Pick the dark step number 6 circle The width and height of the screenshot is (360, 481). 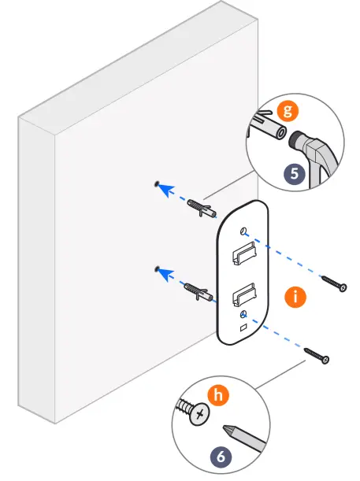[x=221, y=454]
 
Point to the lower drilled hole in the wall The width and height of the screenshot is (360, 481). [x=158, y=269]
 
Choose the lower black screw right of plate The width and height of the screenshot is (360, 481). [x=319, y=357]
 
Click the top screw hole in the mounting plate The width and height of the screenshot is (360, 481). [x=243, y=230]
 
